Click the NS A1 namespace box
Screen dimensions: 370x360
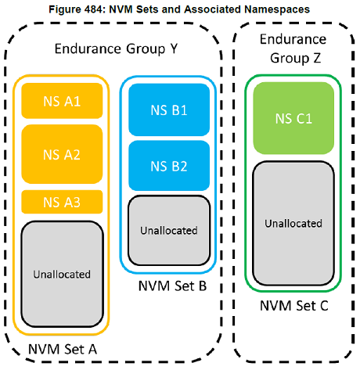[x=62, y=100]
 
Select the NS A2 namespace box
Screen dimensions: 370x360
[x=62, y=154]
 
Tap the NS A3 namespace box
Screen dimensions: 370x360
[x=62, y=202]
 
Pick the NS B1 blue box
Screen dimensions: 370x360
[x=168, y=110]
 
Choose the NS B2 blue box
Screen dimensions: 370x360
[x=168, y=165]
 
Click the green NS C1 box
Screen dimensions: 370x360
[x=292, y=119]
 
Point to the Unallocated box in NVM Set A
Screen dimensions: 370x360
[x=62, y=274]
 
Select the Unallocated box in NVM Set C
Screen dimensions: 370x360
[x=292, y=223]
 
